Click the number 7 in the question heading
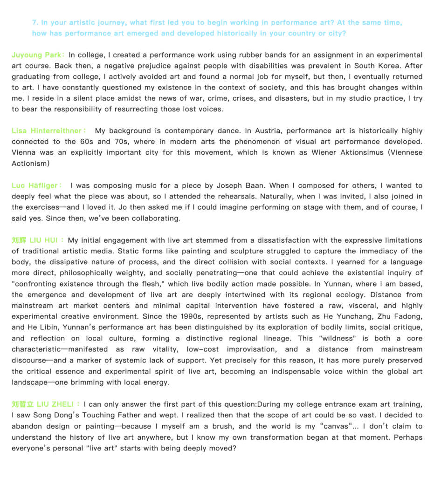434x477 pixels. [34, 22]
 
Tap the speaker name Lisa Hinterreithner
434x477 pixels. [46, 131]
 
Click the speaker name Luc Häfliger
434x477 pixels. [36, 185]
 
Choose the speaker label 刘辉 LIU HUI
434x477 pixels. [34, 240]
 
